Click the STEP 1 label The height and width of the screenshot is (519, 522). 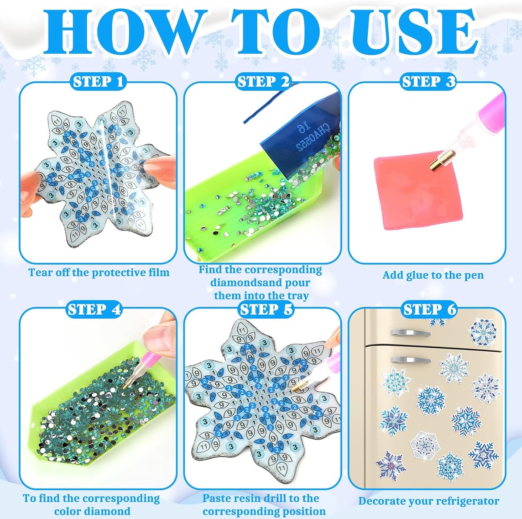[98, 82]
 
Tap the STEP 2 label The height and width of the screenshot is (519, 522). [263, 82]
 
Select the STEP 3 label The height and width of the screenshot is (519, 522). [428, 82]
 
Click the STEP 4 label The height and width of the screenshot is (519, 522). [94, 310]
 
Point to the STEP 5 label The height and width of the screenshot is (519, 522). [266, 310]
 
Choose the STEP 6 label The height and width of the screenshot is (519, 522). [430, 310]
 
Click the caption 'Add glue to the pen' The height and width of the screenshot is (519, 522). [433, 275]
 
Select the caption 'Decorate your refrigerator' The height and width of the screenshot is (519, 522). [428, 501]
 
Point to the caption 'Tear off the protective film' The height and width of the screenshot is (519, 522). [99, 272]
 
